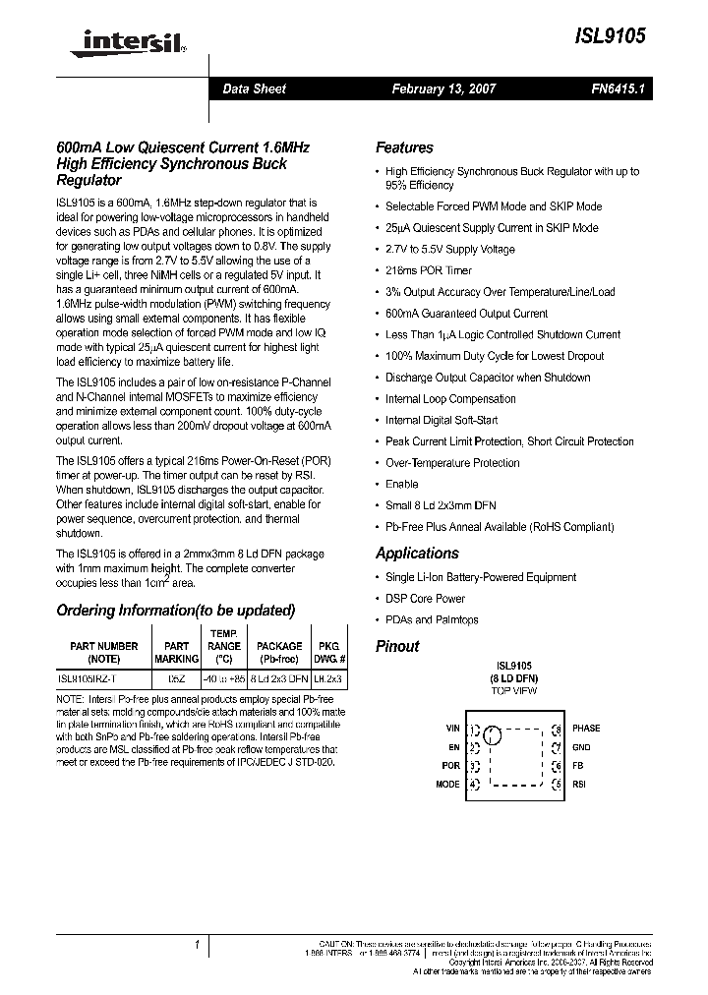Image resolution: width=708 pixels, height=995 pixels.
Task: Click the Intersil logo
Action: (x=122, y=41)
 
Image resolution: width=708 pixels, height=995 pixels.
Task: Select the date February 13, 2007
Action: (x=443, y=88)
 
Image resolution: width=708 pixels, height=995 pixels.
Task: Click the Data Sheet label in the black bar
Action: (x=254, y=88)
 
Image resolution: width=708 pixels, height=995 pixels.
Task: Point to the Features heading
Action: (x=404, y=147)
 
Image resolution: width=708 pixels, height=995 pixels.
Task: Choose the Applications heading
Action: (x=417, y=554)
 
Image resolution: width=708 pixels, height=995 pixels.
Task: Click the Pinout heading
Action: (x=397, y=646)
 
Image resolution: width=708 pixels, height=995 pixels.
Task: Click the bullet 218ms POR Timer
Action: (x=428, y=270)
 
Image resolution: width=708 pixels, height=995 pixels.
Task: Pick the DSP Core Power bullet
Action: (x=425, y=599)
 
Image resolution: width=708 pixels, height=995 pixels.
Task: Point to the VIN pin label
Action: (x=452, y=729)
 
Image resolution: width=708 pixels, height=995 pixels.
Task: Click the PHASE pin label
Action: (x=586, y=729)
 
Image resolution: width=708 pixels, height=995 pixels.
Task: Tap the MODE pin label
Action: (x=447, y=785)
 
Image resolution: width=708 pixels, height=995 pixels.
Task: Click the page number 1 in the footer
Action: (x=197, y=945)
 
